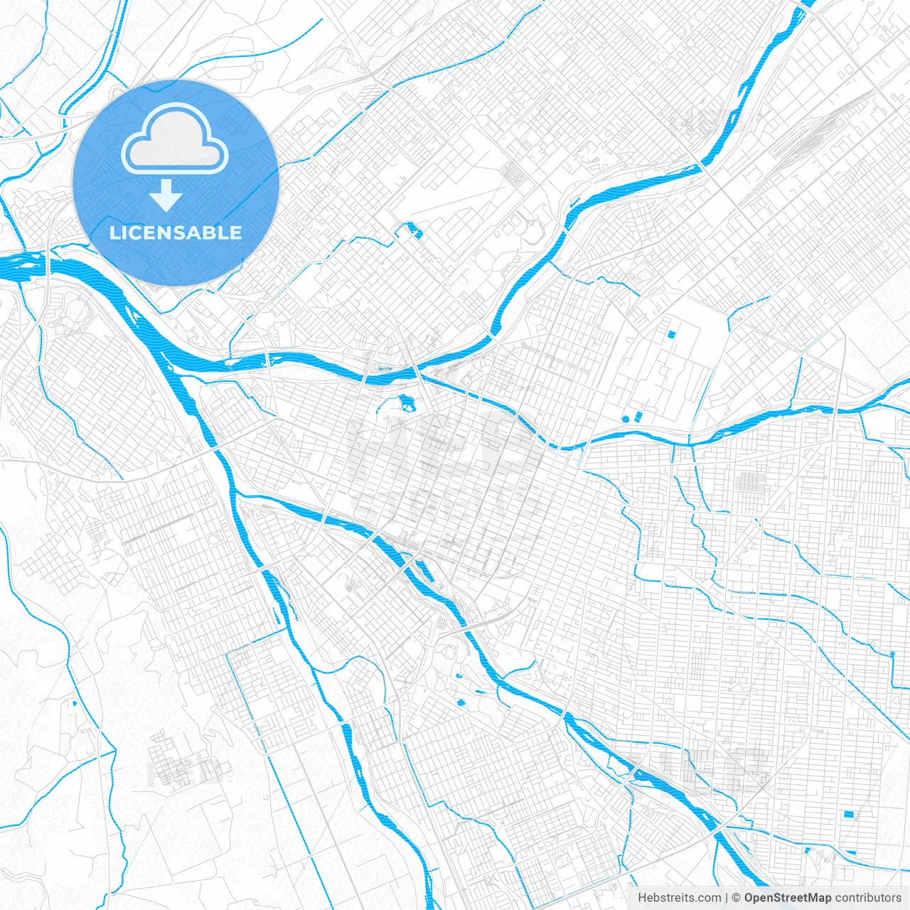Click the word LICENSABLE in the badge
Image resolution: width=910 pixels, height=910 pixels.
176,232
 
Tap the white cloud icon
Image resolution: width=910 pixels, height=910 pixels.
175,139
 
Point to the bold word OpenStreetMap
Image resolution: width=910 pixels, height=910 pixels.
788,898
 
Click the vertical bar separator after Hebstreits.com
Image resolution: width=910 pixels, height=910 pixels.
727,898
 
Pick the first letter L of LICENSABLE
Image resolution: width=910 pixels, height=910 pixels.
114,232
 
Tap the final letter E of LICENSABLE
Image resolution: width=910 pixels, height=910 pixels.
236,232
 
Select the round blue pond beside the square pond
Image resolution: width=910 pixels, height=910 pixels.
626,419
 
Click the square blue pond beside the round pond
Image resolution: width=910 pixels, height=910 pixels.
638,415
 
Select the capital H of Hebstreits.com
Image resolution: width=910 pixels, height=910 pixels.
642,898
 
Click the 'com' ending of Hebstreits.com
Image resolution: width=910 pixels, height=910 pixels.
710,898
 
